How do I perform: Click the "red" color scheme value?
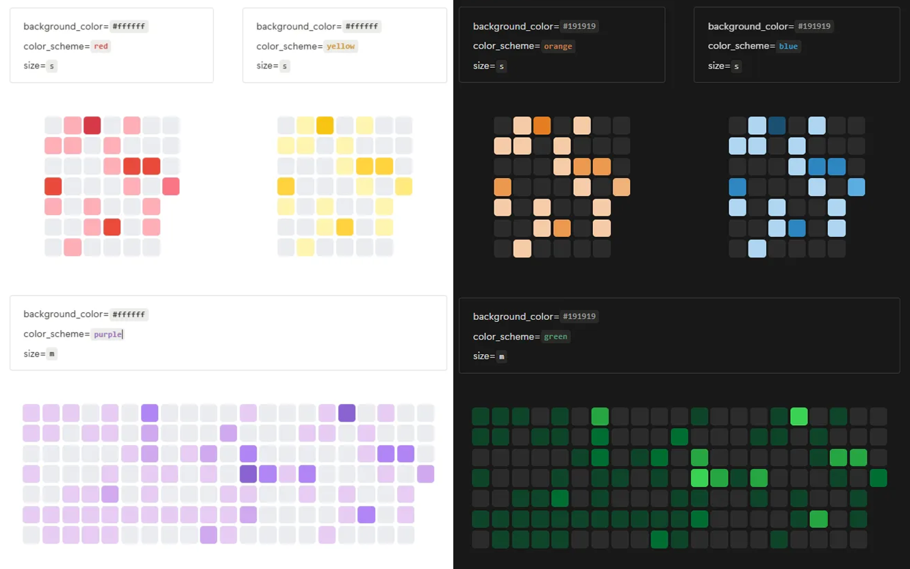pyautogui.click(x=101, y=47)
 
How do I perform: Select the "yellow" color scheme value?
pyautogui.click(x=340, y=47)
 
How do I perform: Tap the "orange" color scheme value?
pyautogui.click(x=557, y=47)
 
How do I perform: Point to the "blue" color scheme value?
pyautogui.click(x=788, y=47)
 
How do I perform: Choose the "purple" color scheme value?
pyautogui.click(x=108, y=334)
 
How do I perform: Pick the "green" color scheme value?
pyautogui.click(x=555, y=337)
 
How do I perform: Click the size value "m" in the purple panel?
pyautogui.click(x=52, y=354)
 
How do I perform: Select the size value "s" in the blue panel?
pyautogui.click(x=736, y=66)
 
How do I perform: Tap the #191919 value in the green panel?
pyautogui.click(x=579, y=316)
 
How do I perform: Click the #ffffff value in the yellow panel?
pyautogui.click(x=362, y=27)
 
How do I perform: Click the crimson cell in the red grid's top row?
pyautogui.click(x=92, y=125)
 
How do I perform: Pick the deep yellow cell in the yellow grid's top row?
pyautogui.click(x=325, y=125)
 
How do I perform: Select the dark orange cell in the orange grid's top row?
pyautogui.click(x=542, y=125)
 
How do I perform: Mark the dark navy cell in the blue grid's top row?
pyautogui.click(x=777, y=125)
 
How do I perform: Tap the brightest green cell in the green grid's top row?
pyautogui.click(x=798, y=416)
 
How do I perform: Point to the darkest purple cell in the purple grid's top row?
pyautogui.click(x=346, y=413)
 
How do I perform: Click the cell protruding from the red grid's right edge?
pyautogui.click(x=171, y=186)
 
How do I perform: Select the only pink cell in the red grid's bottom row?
pyautogui.click(x=73, y=247)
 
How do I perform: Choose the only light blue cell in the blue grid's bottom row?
pyautogui.click(x=757, y=248)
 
